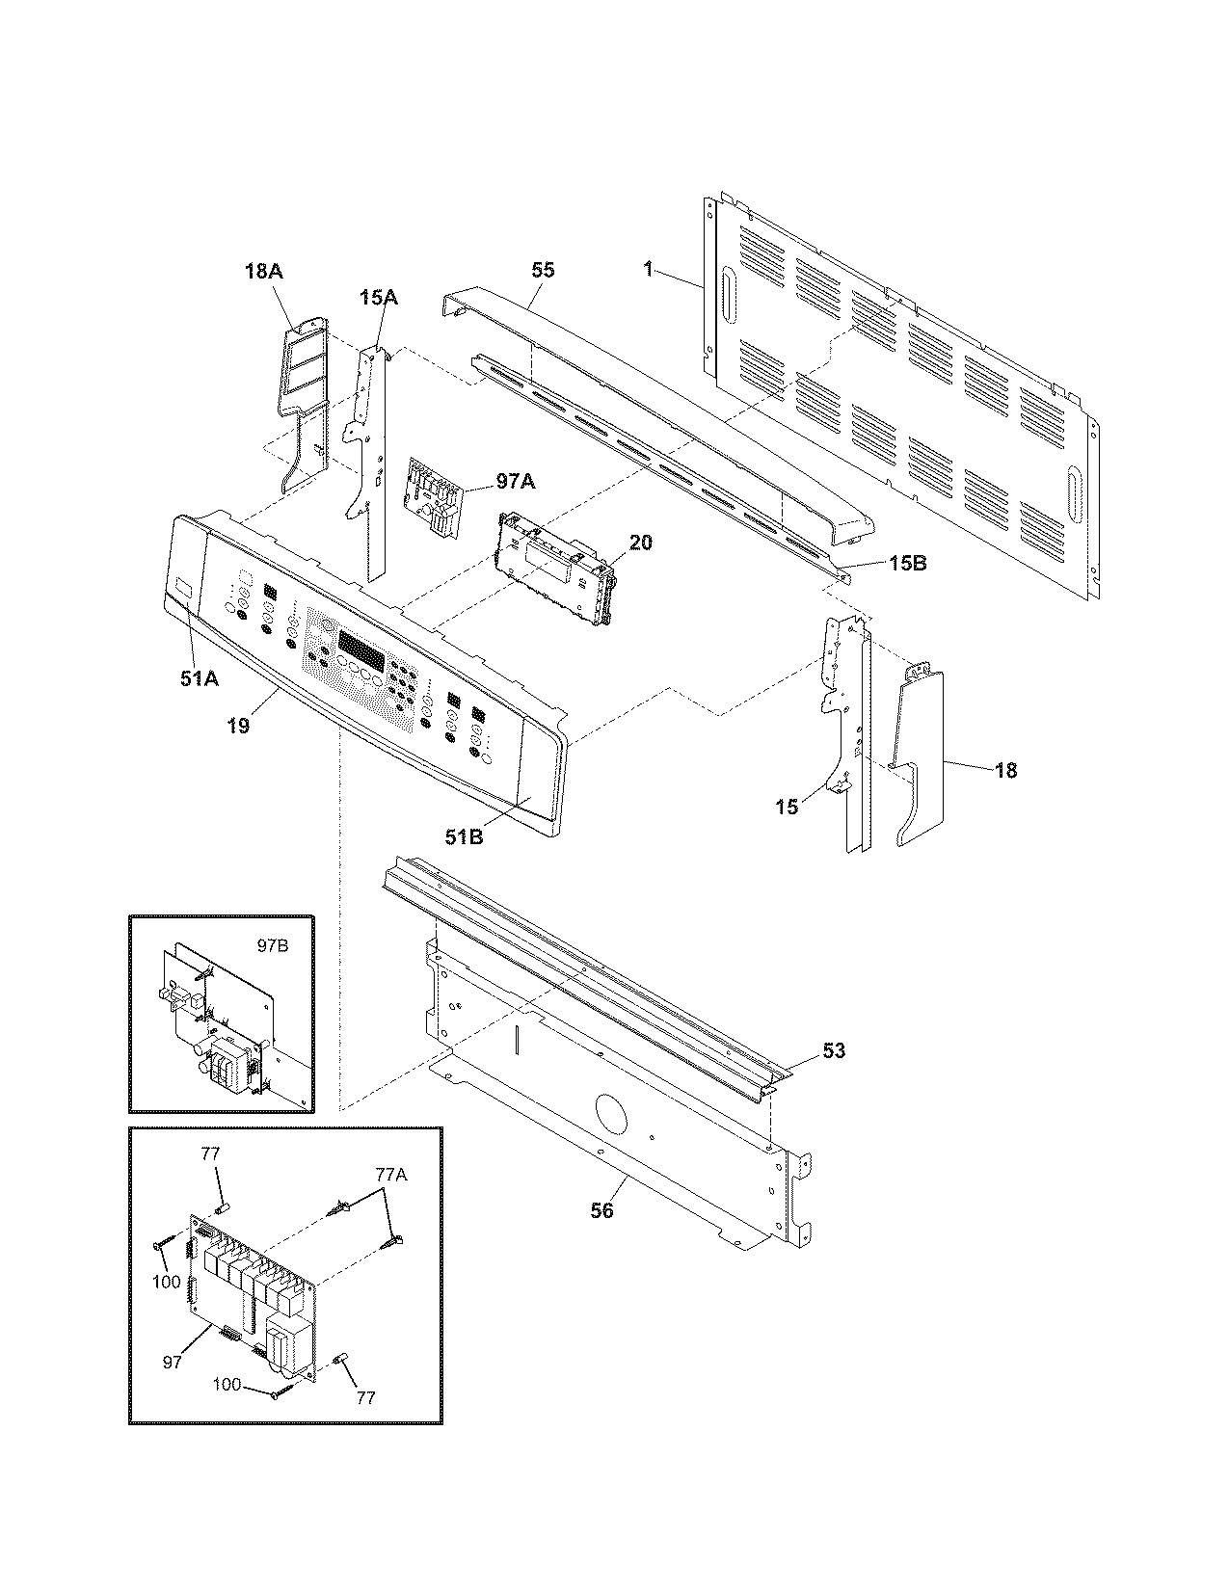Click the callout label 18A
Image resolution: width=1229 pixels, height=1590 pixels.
(263, 273)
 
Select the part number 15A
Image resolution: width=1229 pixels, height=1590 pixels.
(378, 299)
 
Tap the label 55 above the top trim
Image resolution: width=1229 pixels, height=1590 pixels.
(543, 271)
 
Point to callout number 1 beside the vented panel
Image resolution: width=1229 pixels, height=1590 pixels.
(649, 271)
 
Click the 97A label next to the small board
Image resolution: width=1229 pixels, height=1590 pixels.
(516, 479)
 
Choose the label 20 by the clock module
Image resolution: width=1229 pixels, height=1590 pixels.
(640, 543)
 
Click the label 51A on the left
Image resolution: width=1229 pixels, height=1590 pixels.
(199, 678)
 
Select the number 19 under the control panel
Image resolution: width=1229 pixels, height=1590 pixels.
(238, 726)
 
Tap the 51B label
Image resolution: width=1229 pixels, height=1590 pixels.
(464, 836)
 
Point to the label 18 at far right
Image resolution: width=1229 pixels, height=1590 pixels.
(1004, 770)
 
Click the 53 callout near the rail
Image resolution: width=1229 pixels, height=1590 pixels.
(833, 1050)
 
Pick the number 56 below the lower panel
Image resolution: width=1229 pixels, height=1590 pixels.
(601, 1210)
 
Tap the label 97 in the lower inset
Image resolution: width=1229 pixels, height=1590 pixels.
(173, 1363)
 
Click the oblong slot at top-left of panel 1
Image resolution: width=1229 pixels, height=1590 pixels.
(726, 291)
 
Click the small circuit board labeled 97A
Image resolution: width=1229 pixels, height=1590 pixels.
(430, 492)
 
